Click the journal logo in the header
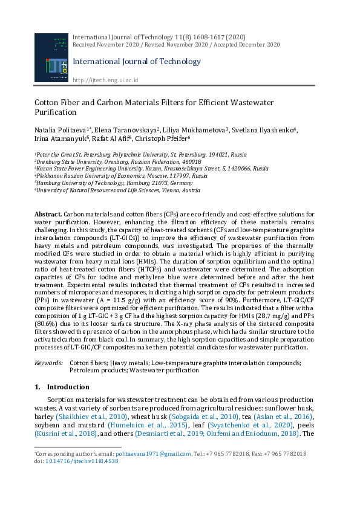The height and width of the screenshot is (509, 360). pos(51,59)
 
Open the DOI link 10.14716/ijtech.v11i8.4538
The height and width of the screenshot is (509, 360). pos(82,461)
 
